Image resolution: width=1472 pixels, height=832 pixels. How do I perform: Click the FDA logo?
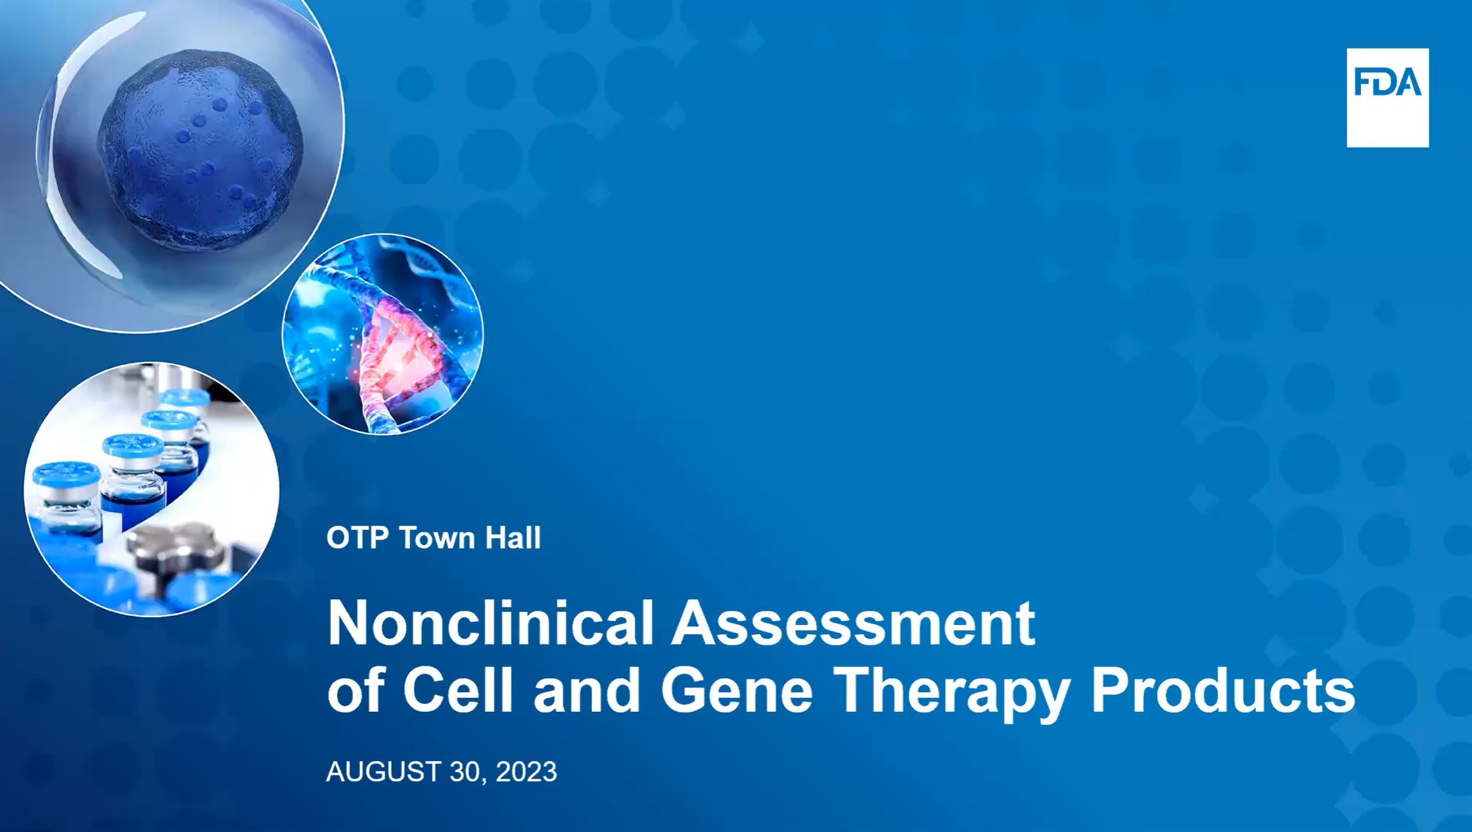pyautogui.click(x=1387, y=97)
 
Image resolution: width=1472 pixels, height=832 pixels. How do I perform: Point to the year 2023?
pyautogui.click(x=526, y=772)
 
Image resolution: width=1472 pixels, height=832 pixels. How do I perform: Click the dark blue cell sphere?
pyautogui.click(x=200, y=155)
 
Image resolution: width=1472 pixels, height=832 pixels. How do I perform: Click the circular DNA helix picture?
pyautogui.click(x=382, y=334)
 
